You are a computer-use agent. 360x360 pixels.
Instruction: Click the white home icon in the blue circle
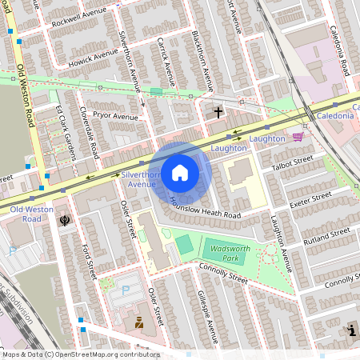coord(180,173)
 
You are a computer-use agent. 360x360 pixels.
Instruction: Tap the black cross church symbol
coord(218,113)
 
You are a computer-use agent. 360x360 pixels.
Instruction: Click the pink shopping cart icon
coord(298,137)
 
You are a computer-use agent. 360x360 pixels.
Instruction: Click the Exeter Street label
coord(310,198)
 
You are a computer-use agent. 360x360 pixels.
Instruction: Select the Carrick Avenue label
coord(166,61)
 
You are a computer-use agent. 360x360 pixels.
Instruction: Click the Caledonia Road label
coord(340,50)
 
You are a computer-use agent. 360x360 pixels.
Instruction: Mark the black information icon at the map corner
coord(351,330)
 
